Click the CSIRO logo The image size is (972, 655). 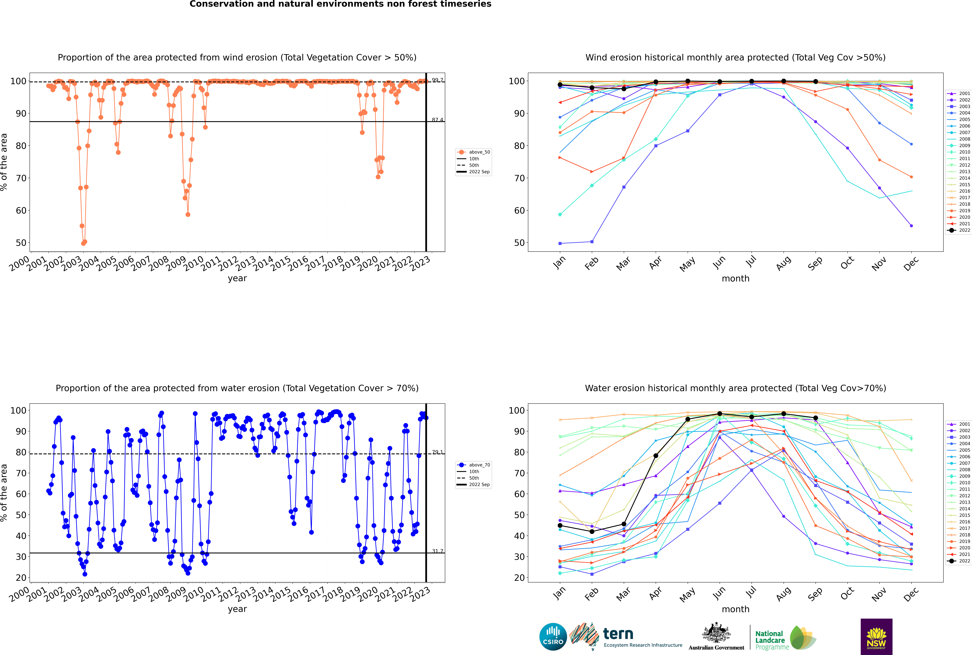tap(553, 637)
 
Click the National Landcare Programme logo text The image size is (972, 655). tap(770, 640)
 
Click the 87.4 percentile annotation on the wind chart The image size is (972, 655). tap(438, 120)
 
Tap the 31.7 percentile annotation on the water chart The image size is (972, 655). tap(438, 551)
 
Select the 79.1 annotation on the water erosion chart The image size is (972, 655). tap(438, 452)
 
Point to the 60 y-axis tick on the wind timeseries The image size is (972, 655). tap(21, 211)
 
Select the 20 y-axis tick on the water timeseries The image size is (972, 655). tap(21, 578)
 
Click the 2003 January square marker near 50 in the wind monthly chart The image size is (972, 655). tap(560, 243)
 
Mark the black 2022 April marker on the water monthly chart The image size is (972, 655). tap(656, 456)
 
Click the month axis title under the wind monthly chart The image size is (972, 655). tap(735, 279)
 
